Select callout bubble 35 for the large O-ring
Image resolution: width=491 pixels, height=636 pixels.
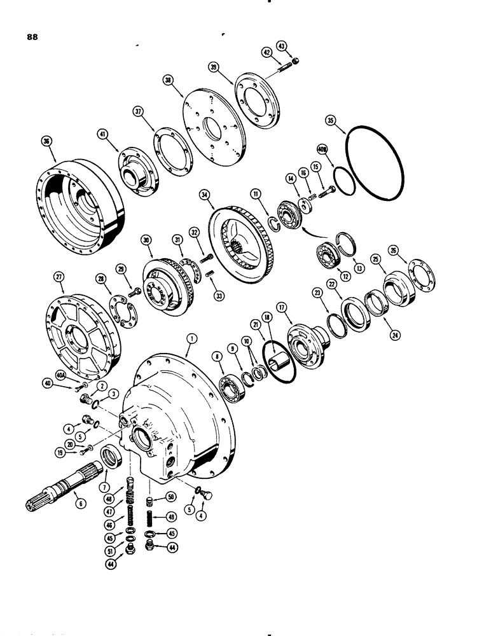(347, 120)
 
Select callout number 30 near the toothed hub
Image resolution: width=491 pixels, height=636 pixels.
(147, 241)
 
